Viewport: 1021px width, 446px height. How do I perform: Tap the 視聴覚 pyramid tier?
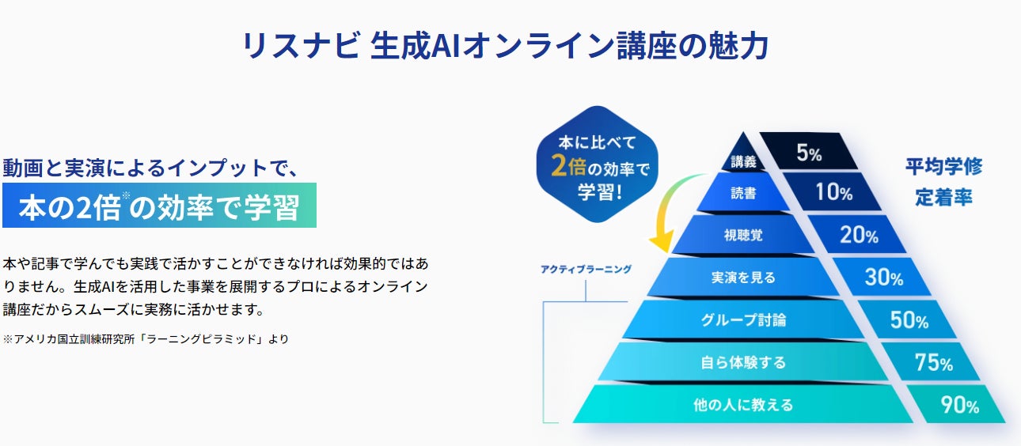point(744,236)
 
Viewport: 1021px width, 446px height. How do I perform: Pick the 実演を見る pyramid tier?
point(744,278)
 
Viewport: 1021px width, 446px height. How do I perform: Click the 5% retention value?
point(809,153)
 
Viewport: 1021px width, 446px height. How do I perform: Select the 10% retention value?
point(833,192)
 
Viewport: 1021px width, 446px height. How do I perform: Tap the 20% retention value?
point(859,235)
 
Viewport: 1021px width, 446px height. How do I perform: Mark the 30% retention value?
point(884,277)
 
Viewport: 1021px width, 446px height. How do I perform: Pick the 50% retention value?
point(909,319)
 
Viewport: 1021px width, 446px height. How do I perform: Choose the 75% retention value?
point(933,362)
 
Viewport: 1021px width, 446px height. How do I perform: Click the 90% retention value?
point(959,406)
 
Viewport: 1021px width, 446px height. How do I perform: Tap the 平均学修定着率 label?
point(943,182)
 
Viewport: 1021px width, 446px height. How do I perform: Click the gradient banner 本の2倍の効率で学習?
point(159,206)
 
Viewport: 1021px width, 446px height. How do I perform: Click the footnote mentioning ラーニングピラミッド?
point(146,338)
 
